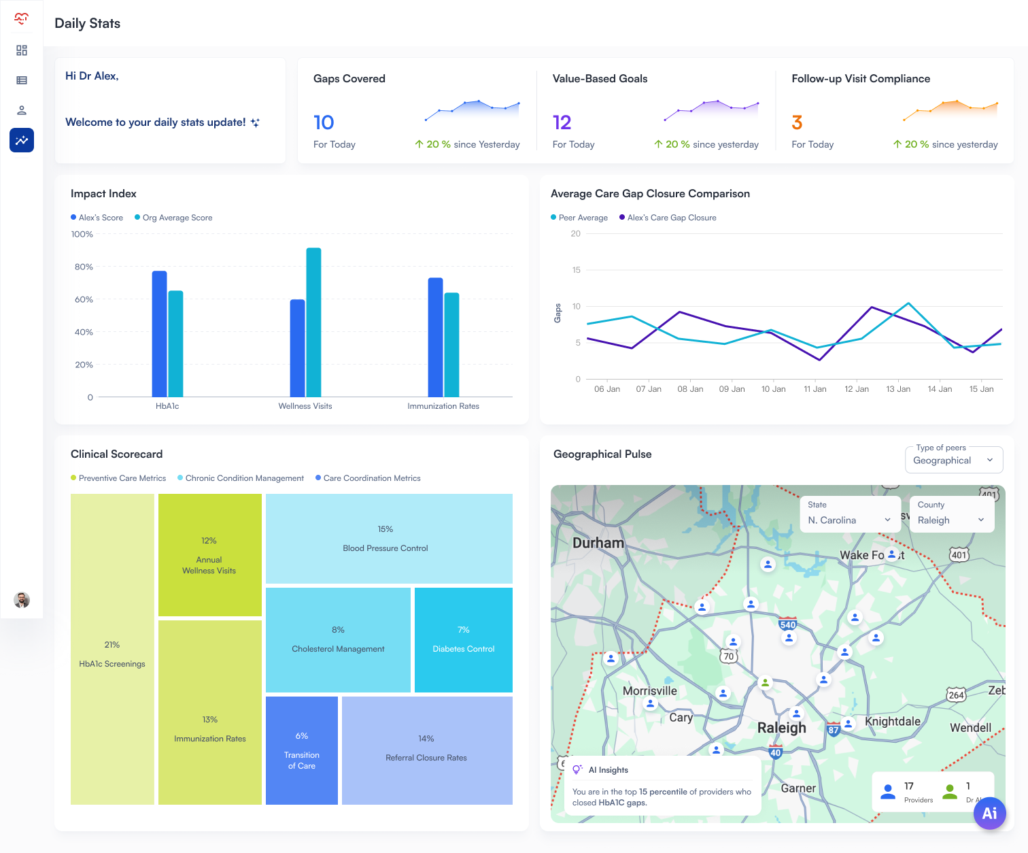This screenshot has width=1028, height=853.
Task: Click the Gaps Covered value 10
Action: click(324, 122)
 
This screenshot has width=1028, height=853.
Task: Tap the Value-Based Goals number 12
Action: click(562, 122)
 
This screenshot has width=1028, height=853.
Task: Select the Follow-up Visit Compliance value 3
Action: click(797, 122)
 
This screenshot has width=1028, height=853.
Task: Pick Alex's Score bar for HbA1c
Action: click(159, 333)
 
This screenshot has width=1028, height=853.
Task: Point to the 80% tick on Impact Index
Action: click(84, 267)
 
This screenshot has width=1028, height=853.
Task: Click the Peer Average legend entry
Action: click(579, 218)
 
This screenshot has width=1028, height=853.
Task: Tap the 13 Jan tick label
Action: click(898, 389)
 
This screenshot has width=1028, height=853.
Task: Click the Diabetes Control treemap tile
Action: click(463, 639)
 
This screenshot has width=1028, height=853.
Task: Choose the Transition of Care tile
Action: click(301, 750)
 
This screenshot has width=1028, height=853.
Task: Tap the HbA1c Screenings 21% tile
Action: click(112, 649)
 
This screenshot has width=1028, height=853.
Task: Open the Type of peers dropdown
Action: click(954, 460)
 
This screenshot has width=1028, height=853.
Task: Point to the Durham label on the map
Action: click(598, 543)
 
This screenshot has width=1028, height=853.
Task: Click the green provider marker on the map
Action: click(766, 682)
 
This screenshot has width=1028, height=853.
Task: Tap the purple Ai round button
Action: click(989, 813)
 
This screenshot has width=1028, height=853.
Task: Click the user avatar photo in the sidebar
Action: click(22, 600)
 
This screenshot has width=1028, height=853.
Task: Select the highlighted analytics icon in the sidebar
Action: click(22, 140)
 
